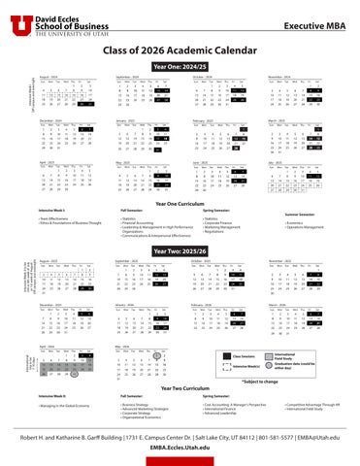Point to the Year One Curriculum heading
click(180, 203)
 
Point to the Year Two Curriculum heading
click(180, 387)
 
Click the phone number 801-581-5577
click(259, 436)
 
